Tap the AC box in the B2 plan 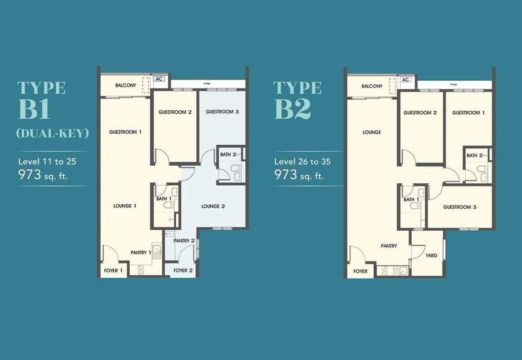click(x=405, y=80)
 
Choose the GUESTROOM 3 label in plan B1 click(x=222, y=112)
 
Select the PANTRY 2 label click(x=184, y=241)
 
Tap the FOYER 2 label click(x=182, y=270)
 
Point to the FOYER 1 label click(x=112, y=270)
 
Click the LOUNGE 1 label click(x=125, y=206)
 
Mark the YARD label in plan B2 click(x=431, y=256)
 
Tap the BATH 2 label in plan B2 click(x=475, y=155)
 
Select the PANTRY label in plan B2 click(x=390, y=246)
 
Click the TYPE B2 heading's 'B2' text click(x=291, y=109)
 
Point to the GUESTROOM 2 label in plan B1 click(x=175, y=112)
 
